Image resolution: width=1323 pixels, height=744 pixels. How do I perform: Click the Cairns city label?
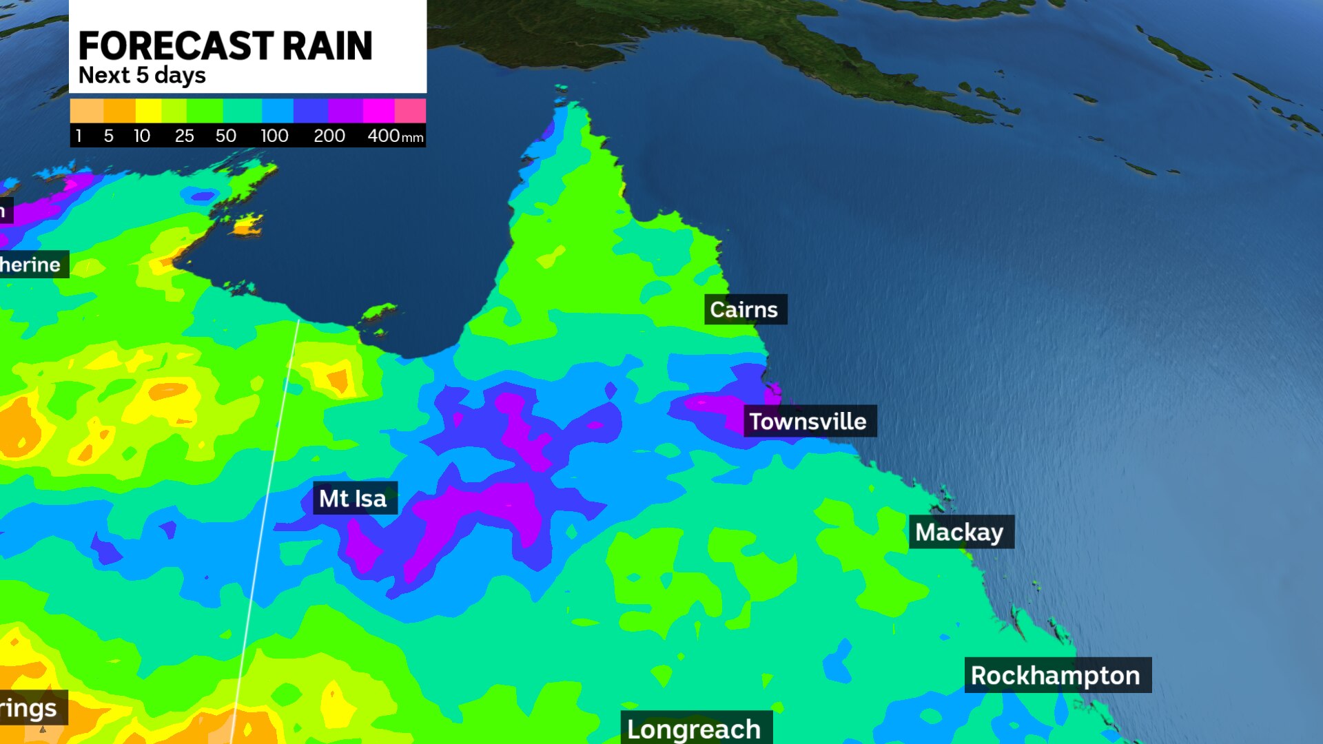pyautogui.click(x=744, y=310)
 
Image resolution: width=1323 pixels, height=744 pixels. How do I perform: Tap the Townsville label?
pyautogui.click(x=808, y=421)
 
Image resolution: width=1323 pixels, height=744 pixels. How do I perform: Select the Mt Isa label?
pyautogui.click(x=353, y=498)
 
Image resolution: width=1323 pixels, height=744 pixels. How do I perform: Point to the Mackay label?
pyautogui.click(x=959, y=532)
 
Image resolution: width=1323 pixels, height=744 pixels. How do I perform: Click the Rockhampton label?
pyautogui.click(x=1056, y=675)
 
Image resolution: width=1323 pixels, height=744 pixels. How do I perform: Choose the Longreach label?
pyautogui.click(x=694, y=728)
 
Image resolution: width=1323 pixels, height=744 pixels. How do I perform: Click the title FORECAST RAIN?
pyautogui.click(x=225, y=46)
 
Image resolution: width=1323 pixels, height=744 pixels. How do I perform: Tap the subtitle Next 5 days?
pyautogui.click(x=142, y=75)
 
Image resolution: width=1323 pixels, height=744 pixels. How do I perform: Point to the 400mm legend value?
pyautogui.click(x=395, y=136)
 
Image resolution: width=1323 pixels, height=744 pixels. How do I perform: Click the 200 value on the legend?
pyautogui.click(x=329, y=136)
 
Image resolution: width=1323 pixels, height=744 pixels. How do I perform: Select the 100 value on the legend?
pyautogui.click(x=274, y=136)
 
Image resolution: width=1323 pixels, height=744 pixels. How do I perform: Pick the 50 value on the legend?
pyautogui.click(x=225, y=136)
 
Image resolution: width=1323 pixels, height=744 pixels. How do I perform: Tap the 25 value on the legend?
pyautogui.click(x=184, y=136)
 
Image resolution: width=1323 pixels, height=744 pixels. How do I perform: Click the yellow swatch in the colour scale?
pyautogui.click(x=148, y=110)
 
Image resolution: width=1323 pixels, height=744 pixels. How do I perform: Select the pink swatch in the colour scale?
pyautogui.click(x=410, y=110)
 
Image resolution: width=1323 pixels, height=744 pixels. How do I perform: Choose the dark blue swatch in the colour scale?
pyautogui.click(x=311, y=110)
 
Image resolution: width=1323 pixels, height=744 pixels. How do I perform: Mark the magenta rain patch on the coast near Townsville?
pyautogui.click(x=773, y=392)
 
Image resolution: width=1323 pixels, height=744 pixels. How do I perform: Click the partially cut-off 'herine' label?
pyautogui.click(x=32, y=265)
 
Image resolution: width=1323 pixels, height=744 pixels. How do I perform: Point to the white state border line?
pyautogui.click(x=269, y=482)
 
